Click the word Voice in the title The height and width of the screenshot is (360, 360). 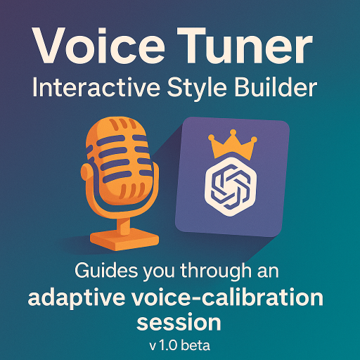coord(99,46)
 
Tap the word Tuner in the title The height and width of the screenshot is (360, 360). coord(245,46)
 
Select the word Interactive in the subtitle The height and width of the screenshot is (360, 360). coord(96,87)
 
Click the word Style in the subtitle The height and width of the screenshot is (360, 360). coord(197,89)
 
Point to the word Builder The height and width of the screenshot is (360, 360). coord(276,87)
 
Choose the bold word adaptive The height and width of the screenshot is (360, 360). coord(76,298)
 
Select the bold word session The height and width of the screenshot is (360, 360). coord(179,322)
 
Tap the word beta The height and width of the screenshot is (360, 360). coord(195,346)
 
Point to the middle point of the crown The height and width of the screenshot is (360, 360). coord(233,132)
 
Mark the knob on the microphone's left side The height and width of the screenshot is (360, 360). coord(85,172)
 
